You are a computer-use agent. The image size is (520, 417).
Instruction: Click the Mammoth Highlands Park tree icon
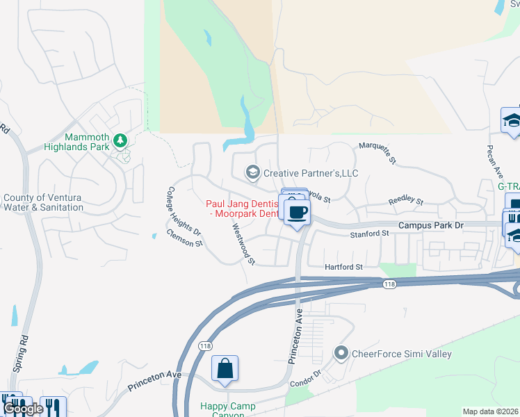click(x=120, y=140)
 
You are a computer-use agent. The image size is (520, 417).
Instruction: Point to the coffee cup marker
click(x=297, y=211)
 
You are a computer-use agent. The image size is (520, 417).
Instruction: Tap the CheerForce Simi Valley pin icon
click(x=341, y=354)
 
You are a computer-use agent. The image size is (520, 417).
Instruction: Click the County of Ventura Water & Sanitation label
click(x=44, y=202)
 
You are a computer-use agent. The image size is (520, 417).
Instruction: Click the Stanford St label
click(x=370, y=234)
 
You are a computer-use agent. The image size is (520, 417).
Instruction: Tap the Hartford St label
click(x=344, y=267)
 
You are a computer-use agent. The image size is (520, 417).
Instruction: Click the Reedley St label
click(x=405, y=201)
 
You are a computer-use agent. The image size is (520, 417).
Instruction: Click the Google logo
click(x=23, y=409)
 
